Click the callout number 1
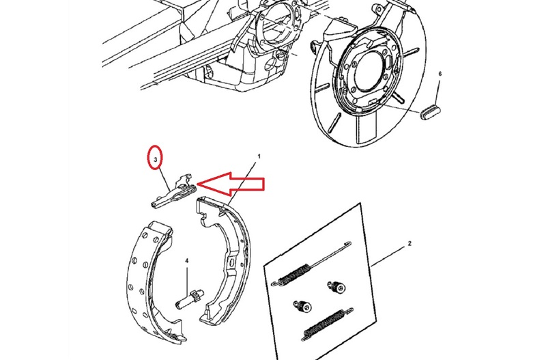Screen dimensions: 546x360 pyautogui.click(x=259, y=156)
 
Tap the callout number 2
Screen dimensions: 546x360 pyautogui.click(x=409, y=243)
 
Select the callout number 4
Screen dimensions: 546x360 pyautogui.click(x=186, y=261)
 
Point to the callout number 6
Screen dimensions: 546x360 pyautogui.click(x=440, y=74)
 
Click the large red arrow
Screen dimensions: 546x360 pyautogui.click(x=231, y=184)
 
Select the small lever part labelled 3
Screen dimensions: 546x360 pyautogui.click(x=173, y=191)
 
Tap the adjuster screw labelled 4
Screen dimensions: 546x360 pyautogui.click(x=190, y=299)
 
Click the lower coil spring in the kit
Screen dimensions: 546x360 pyautogui.click(x=328, y=324)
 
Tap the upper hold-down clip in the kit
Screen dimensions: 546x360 pyautogui.click(x=336, y=287)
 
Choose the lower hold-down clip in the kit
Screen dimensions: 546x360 pyautogui.click(x=302, y=306)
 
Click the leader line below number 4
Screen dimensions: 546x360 pyautogui.click(x=186, y=278)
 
